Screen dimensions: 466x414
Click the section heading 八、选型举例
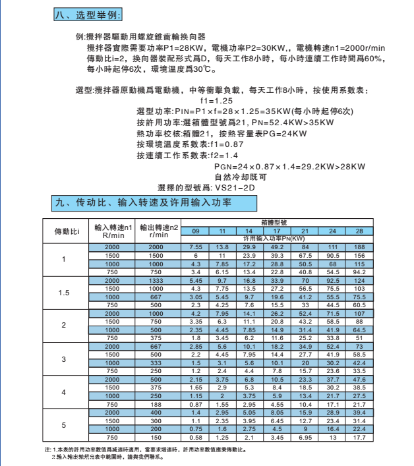87,15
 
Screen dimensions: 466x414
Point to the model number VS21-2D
231,189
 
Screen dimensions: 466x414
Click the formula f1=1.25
216,100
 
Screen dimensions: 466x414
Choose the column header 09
195,231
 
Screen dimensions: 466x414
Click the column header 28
359,231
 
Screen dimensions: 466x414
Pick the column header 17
278,231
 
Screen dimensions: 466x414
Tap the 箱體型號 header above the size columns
277,222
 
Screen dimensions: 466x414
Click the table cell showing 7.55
195,247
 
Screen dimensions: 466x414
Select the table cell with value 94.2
359,272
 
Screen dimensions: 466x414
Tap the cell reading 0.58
195,437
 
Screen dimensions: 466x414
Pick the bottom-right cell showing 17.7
359,437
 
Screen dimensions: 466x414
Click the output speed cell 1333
155,280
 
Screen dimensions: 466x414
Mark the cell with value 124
359,280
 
